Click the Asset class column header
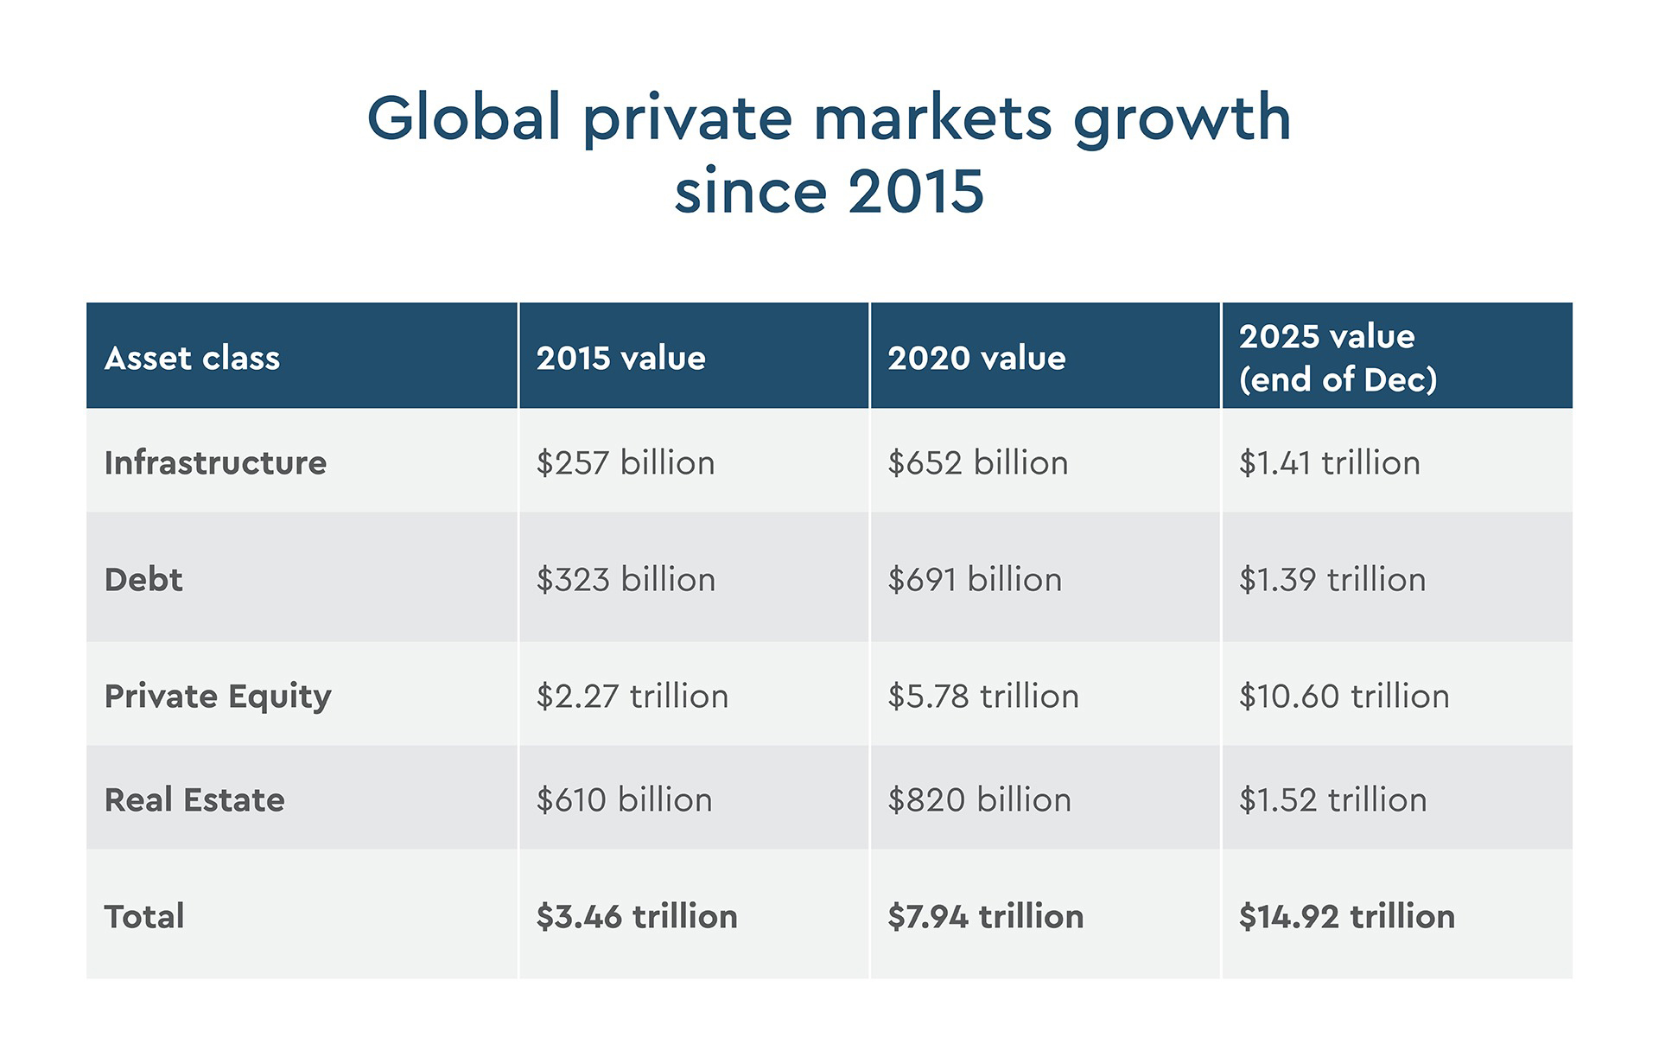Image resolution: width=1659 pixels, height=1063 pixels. click(192, 358)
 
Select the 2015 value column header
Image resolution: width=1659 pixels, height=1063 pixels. click(620, 358)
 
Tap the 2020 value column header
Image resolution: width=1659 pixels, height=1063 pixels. click(976, 358)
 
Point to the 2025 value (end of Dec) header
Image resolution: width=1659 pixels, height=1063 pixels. click(1337, 357)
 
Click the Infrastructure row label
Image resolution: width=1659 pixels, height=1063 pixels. click(215, 462)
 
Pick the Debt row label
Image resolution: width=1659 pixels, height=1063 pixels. click(143, 579)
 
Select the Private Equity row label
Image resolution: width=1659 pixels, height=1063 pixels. click(218, 696)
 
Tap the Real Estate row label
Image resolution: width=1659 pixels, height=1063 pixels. click(194, 799)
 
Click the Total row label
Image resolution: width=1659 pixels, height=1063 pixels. click(144, 916)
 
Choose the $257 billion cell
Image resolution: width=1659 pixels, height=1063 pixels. click(626, 462)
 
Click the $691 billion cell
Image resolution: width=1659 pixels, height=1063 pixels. click(975, 579)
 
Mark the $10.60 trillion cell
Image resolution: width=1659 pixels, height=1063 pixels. click(1344, 696)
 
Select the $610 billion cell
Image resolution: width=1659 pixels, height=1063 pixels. click(624, 799)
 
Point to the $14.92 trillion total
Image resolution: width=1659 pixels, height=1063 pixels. click(1346, 916)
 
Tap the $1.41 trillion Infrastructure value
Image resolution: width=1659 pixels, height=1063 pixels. click(1329, 462)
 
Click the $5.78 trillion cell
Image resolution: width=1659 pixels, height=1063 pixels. click(983, 696)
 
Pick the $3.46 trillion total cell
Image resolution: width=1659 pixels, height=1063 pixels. click(637, 916)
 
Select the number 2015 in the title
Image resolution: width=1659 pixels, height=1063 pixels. click(916, 191)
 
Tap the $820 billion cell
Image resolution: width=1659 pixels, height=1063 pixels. click(979, 799)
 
